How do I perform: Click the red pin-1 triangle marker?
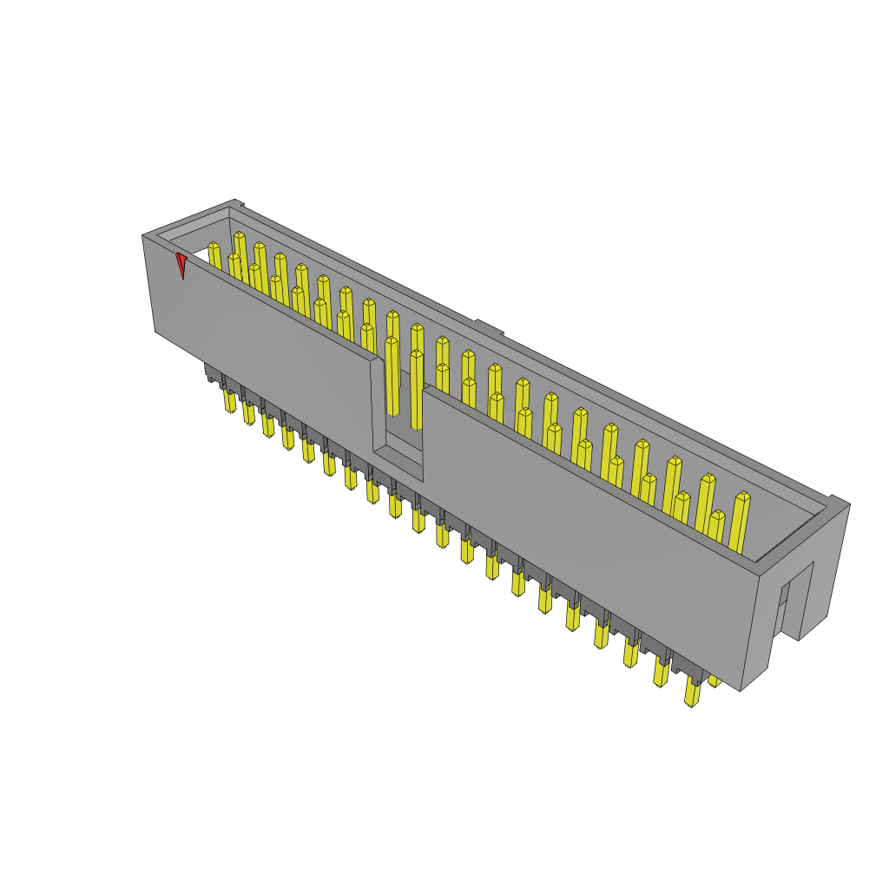(181, 265)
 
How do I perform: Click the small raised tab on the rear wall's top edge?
(489, 327)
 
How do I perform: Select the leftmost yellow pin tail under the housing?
(229, 400)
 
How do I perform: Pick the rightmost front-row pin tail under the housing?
(692, 692)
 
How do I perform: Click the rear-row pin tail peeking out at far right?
(714, 682)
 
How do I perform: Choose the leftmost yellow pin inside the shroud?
(214, 254)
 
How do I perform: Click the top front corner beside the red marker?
(143, 236)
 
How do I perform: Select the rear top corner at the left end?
(234, 201)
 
